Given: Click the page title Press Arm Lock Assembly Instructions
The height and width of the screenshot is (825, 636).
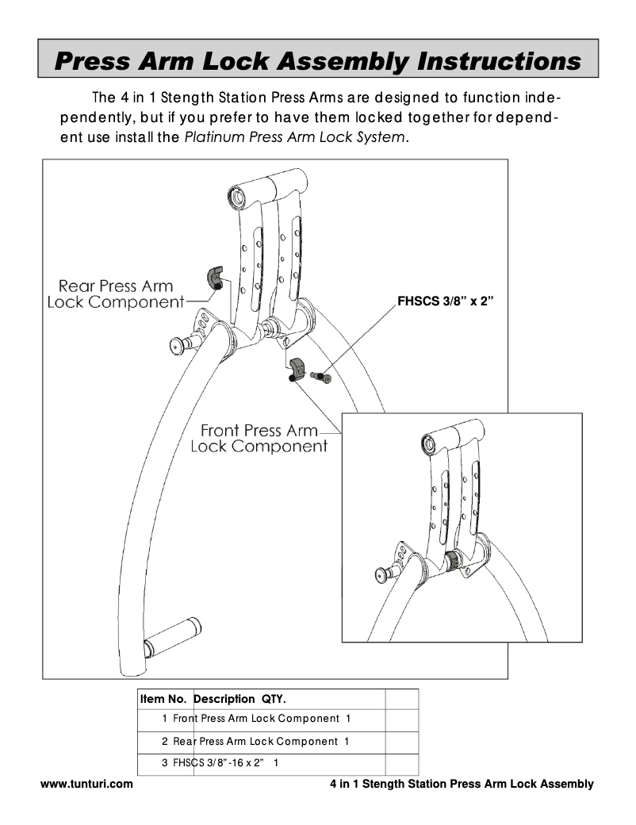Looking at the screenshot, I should coord(317,60).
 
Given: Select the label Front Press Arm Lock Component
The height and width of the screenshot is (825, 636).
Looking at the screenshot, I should coord(259,439).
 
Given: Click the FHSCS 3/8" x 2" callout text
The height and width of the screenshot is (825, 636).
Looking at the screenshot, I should coord(445,301).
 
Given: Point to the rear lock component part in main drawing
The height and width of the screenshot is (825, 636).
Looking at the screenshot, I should coord(216,277).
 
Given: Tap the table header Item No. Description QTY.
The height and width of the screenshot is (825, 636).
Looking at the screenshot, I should coord(213,699).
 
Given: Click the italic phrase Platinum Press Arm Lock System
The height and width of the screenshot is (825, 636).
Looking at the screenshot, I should coord(295,137).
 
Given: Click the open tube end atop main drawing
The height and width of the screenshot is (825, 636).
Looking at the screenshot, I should coord(236,194).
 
